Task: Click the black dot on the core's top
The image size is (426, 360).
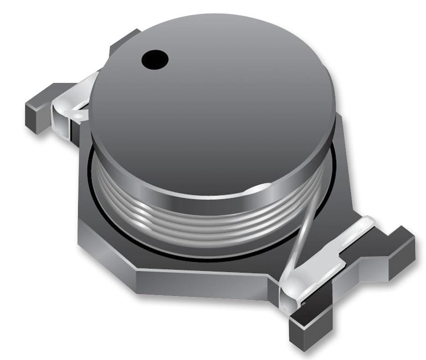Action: coord(155,59)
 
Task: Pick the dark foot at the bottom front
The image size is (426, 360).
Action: coord(311,329)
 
